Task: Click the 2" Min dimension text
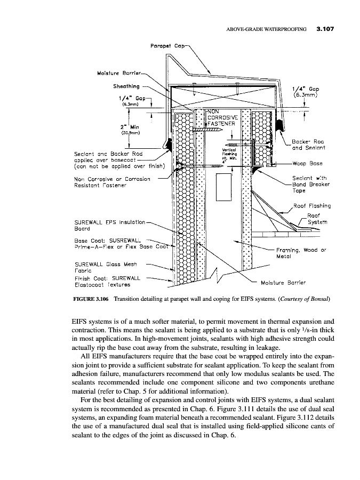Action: click(131, 126)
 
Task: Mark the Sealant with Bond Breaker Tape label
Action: click(311, 184)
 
